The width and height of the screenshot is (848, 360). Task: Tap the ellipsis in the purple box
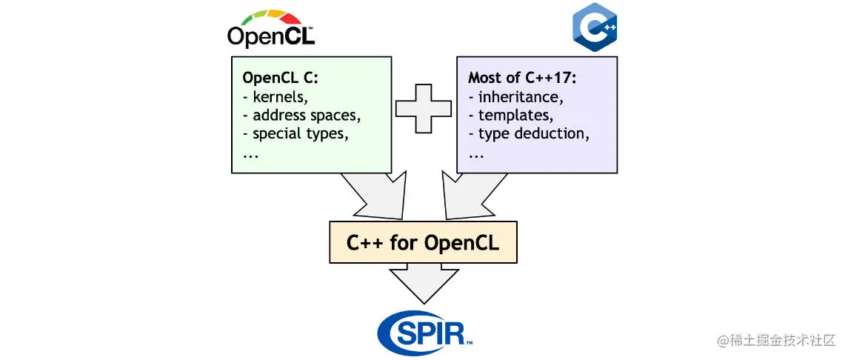click(x=475, y=154)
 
